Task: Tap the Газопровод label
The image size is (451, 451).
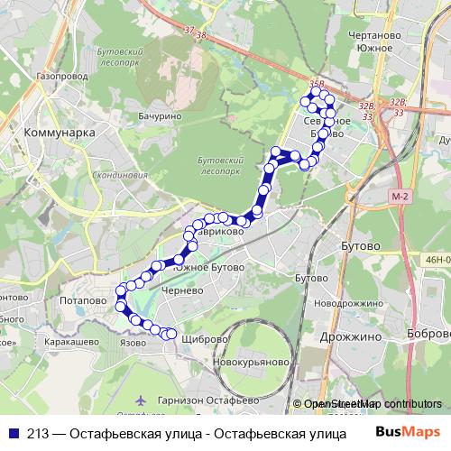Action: click(x=63, y=78)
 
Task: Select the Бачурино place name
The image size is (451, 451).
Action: click(x=161, y=116)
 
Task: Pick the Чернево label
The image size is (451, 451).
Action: click(x=177, y=292)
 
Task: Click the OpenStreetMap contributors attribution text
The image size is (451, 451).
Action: click(x=370, y=405)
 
